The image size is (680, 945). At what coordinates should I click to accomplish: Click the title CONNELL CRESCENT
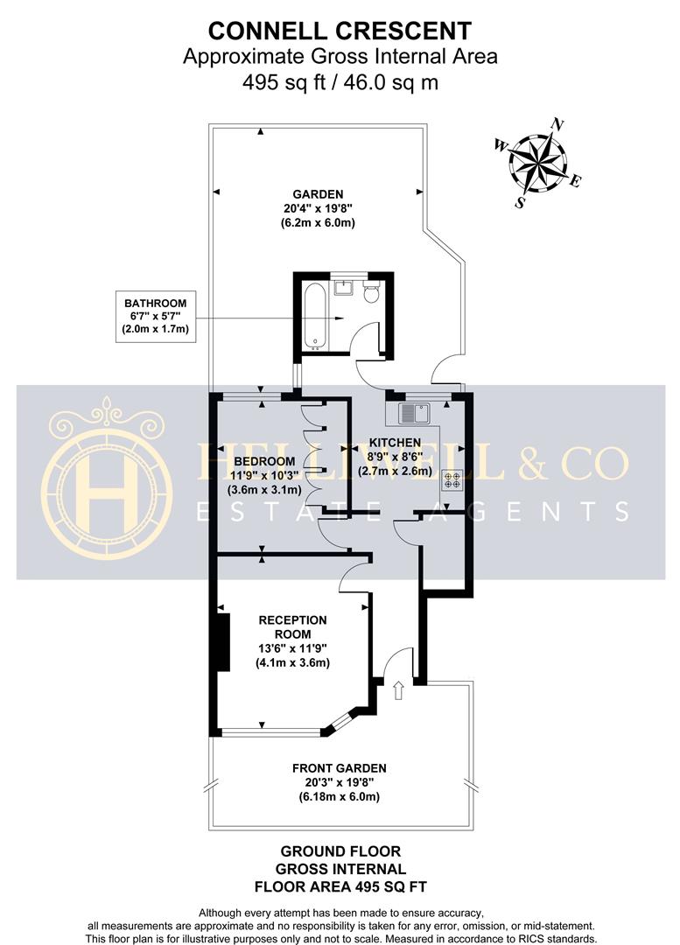click(x=340, y=32)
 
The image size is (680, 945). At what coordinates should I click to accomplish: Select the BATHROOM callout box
click(x=156, y=317)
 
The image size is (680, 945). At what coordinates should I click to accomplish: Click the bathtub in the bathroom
click(x=317, y=316)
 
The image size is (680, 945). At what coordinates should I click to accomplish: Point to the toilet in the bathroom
click(x=371, y=291)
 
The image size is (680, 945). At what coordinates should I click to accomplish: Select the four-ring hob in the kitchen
click(x=452, y=479)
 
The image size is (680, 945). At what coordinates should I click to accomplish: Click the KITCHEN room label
click(x=395, y=443)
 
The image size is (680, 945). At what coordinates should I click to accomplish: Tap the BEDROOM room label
click(x=263, y=461)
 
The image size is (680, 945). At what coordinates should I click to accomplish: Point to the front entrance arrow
click(x=398, y=690)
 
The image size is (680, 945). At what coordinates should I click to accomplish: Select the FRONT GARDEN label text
click(x=339, y=768)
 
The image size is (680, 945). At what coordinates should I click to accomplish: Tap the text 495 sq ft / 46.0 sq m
click(x=340, y=83)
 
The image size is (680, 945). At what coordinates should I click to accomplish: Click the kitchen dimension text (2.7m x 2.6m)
click(x=396, y=471)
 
